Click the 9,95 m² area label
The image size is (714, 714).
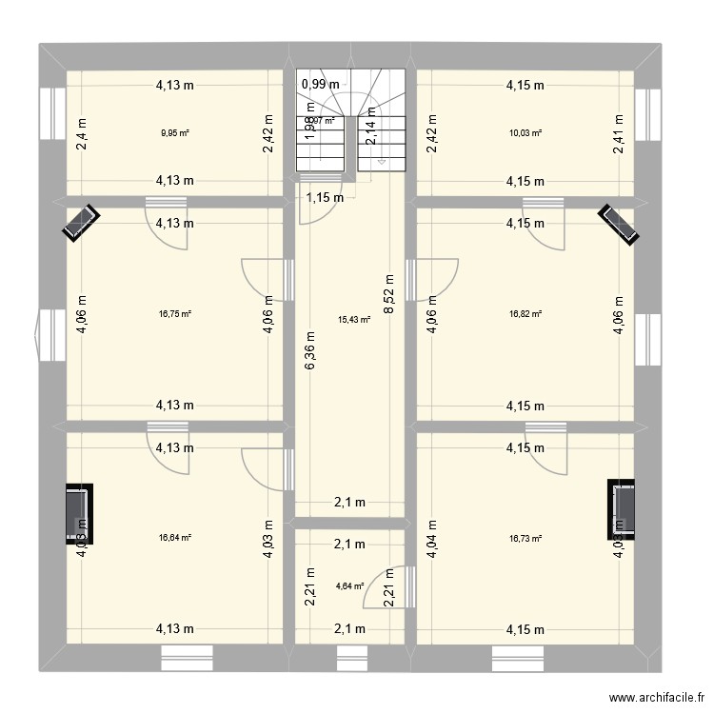click(175, 133)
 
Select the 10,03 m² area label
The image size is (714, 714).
click(525, 133)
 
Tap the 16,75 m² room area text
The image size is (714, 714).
click(175, 313)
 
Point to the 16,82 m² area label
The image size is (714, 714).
click(525, 313)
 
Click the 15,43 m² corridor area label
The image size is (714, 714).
click(354, 321)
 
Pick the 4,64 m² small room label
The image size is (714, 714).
click(349, 586)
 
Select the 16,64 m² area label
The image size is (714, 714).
click(175, 538)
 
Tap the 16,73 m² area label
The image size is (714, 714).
click(525, 538)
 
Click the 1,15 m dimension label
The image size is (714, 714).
click(324, 198)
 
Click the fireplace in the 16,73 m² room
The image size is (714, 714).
click(623, 506)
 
